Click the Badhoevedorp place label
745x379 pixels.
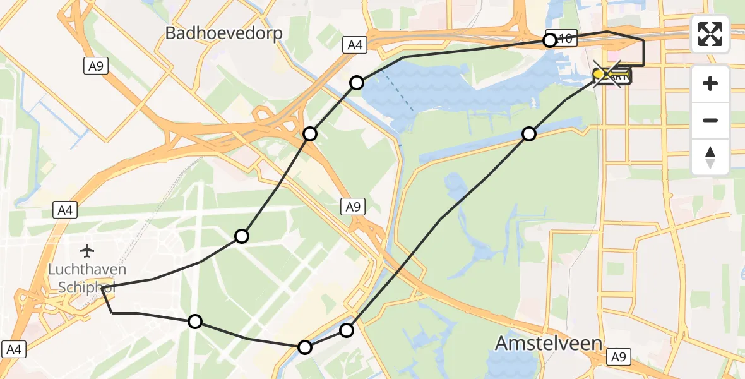point(223,33)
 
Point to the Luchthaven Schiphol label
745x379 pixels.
point(87,279)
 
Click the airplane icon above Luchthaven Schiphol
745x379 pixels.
point(87,251)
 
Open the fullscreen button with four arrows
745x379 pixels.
point(710,34)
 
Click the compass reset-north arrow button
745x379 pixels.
point(710,157)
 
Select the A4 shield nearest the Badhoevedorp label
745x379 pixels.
point(354,45)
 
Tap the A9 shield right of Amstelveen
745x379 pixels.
point(620,358)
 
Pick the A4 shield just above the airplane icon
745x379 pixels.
point(65,210)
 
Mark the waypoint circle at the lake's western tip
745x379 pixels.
point(357,83)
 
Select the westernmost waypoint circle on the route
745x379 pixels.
point(196,322)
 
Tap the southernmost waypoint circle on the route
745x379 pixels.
point(305,347)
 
